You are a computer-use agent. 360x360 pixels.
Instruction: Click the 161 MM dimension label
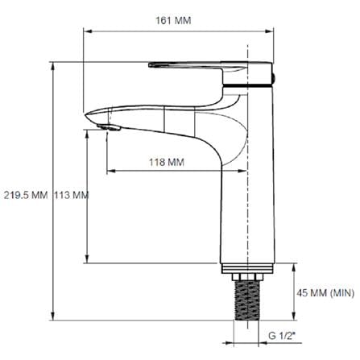coord(173,21)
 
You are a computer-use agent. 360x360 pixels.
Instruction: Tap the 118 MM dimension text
coord(167,162)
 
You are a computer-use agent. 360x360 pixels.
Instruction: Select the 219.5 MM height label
coord(26,195)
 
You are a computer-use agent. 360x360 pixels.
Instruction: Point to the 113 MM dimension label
coord(72,195)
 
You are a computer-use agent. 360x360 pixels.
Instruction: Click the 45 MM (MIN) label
coord(325,293)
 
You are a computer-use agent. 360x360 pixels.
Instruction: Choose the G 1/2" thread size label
coord(282,336)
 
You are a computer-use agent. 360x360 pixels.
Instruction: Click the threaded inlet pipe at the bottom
coord(247,300)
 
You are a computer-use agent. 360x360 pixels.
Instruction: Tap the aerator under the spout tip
coord(109,127)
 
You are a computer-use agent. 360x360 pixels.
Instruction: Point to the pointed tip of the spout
coord(85,115)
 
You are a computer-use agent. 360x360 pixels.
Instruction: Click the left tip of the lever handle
coord(149,64)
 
